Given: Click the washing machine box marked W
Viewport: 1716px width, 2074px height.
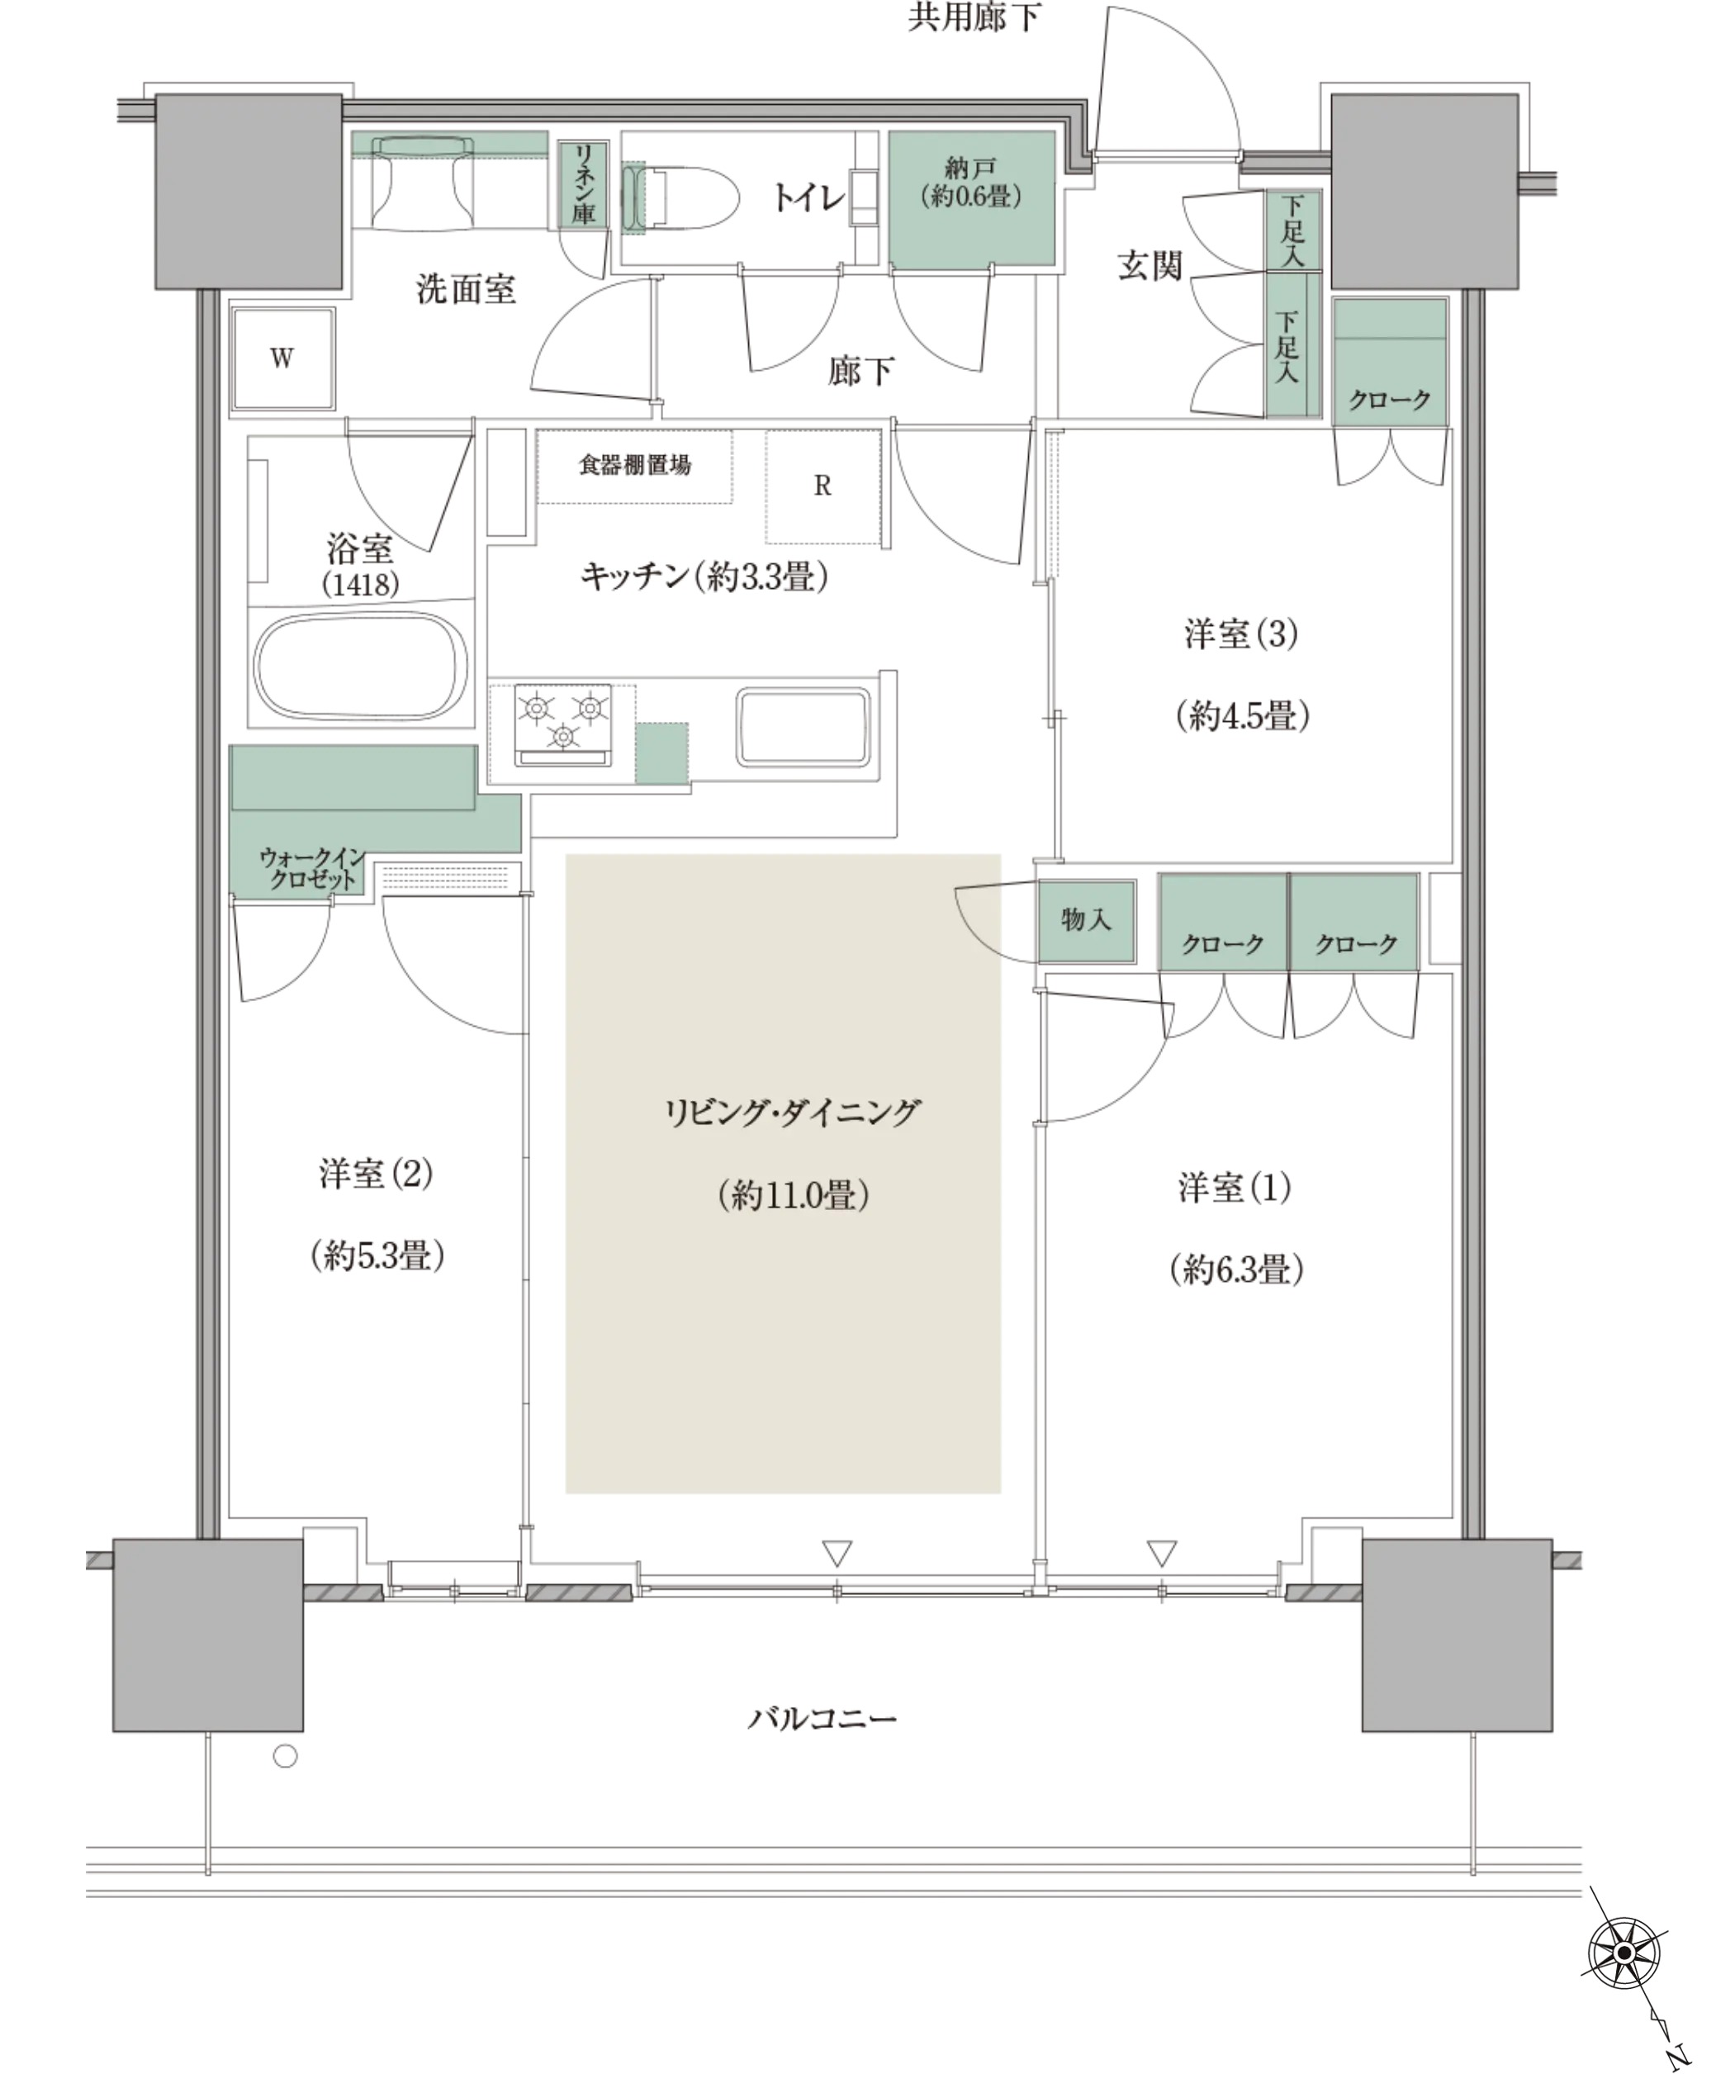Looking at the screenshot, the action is (282, 358).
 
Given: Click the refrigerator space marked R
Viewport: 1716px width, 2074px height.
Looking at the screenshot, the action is (822, 486).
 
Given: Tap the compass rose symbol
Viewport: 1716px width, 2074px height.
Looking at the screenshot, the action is (1624, 1953).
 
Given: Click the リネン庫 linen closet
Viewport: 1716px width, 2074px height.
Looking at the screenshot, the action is (584, 185).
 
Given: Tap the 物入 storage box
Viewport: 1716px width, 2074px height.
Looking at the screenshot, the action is (1086, 920).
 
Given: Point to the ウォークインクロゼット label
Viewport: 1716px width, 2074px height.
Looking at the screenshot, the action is (312, 868).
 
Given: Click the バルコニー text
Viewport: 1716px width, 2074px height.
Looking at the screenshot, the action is (822, 1719).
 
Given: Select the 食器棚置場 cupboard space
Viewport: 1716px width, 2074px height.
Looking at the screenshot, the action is (635, 466).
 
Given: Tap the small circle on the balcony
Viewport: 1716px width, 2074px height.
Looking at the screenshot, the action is (286, 1756).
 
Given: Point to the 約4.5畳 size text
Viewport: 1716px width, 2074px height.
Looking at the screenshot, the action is (1242, 715).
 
